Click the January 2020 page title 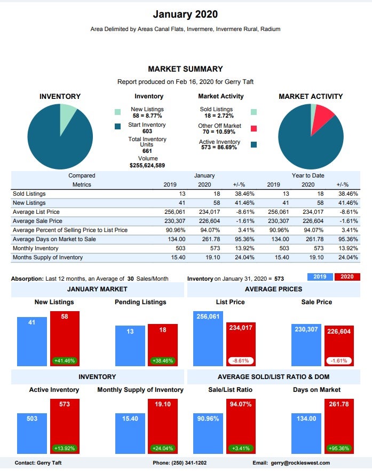185,14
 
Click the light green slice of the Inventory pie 67,112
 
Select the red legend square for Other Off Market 254,128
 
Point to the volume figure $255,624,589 147,165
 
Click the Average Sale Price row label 37,221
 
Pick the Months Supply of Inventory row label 48,258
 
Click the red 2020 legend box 347,277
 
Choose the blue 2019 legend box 320,277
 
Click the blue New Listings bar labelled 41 32,342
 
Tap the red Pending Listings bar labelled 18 162,345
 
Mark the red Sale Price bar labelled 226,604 339,345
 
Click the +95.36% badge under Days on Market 339,447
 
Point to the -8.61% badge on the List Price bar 241,360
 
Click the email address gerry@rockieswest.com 300,462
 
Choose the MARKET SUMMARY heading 185,69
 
